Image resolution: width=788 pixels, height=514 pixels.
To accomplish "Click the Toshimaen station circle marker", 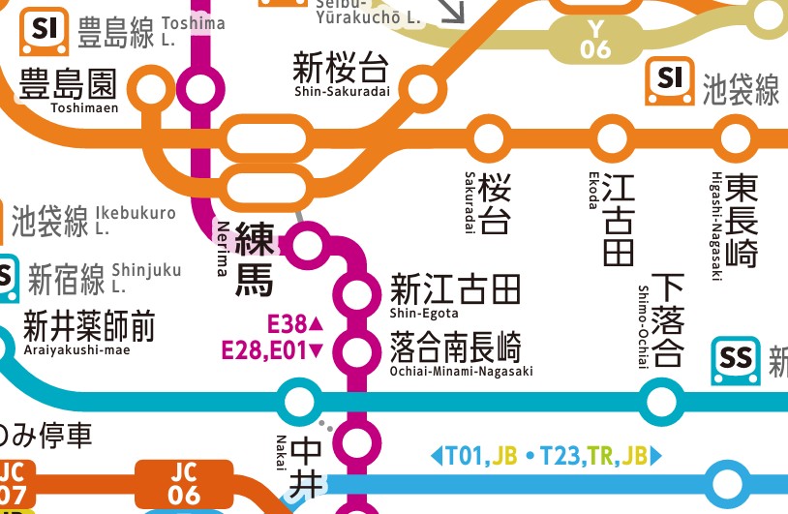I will [x=152, y=91].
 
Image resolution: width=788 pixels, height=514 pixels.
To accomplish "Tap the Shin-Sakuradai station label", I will [x=340, y=75].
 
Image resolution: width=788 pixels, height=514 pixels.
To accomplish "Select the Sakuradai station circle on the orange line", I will [x=489, y=136].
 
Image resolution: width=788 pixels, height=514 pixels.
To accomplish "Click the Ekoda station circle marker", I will [x=612, y=136].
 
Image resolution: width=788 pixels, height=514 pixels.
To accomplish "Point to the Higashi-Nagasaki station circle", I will [x=736, y=136].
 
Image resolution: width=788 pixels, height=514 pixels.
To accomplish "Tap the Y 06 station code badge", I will [x=595, y=38].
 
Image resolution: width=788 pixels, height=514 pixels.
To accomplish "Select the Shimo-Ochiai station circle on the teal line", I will [x=661, y=399].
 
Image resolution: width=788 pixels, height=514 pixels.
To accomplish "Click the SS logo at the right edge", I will [x=737, y=361].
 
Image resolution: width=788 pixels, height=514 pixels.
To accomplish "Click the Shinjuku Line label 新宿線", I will [x=66, y=280].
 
